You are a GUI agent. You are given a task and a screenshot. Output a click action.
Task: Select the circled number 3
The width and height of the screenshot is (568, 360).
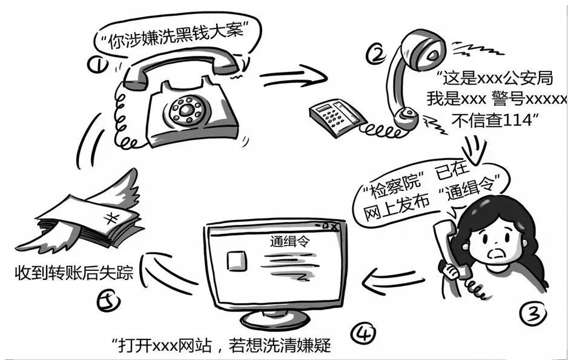533,313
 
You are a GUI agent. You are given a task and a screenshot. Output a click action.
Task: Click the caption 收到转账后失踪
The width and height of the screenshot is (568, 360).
76,273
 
